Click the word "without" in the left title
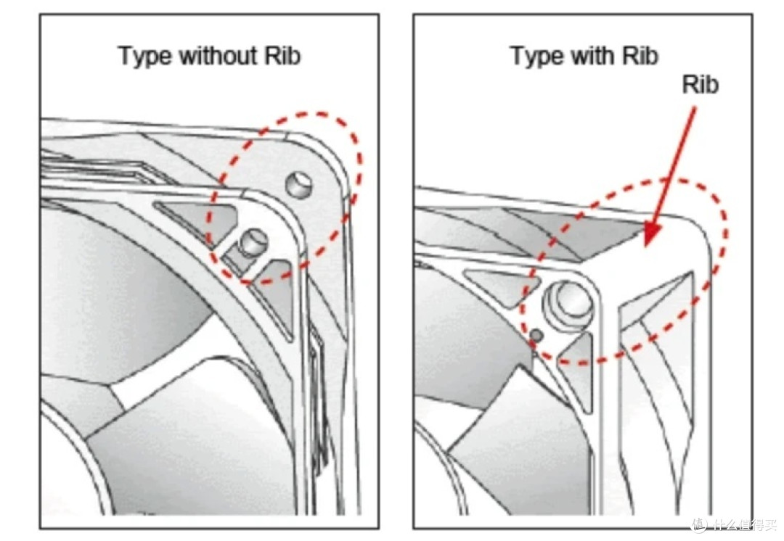click(218, 55)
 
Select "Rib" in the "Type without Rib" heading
click(282, 55)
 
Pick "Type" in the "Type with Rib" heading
click(537, 56)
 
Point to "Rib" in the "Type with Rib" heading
click(640, 55)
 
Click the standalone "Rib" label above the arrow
click(701, 84)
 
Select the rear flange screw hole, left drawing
click(299, 183)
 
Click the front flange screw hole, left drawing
click(253, 242)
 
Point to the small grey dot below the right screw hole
click(536, 335)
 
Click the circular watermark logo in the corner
click(698, 524)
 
